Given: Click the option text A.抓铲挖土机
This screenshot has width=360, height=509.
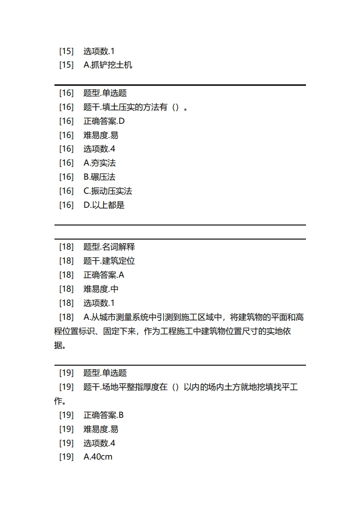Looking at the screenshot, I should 108,65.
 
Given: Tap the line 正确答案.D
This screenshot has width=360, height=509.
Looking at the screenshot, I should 104,121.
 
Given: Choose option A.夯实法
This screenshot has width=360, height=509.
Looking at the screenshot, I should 99,163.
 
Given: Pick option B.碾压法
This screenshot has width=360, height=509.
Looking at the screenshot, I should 99,177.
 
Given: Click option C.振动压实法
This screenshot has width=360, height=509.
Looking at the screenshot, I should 108,191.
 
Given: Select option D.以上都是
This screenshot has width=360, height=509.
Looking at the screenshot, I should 104,205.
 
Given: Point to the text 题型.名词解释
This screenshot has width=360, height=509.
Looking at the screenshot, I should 109,247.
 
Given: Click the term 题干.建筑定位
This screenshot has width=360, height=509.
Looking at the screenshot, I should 109,261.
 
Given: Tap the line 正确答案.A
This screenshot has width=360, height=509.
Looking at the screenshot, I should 104,275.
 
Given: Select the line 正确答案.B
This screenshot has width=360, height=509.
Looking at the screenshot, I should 104,415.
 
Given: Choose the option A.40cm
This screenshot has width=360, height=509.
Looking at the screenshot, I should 98,457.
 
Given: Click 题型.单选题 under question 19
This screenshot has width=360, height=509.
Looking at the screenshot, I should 105,373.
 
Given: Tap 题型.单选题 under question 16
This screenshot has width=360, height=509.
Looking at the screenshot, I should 105,93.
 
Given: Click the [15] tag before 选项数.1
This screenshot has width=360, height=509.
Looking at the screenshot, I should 66,51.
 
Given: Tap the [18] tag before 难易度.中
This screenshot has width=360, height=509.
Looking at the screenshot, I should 66,289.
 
